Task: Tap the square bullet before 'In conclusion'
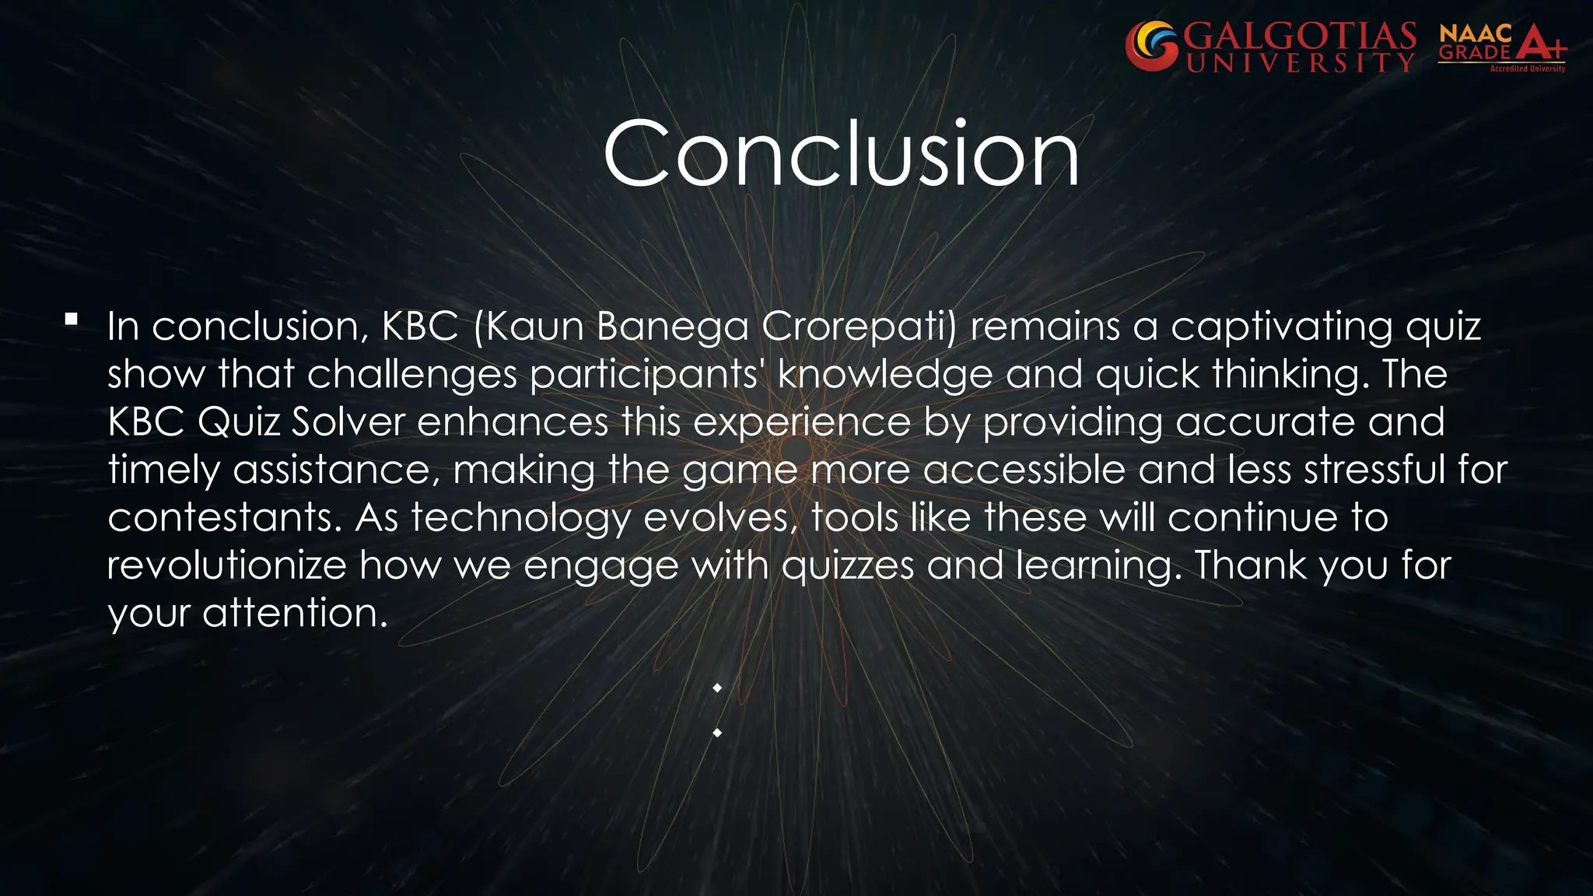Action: click(x=72, y=319)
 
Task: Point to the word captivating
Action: click(x=1281, y=326)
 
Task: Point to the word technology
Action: click(x=520, y=518)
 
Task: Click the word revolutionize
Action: click(x=226, y=565)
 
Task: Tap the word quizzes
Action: click(x=847, y=565)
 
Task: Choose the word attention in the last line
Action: click(x=294, y=614)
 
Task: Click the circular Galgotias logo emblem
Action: click(x=1151, y=47)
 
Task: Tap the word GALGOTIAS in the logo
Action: click(x=1300, y=36)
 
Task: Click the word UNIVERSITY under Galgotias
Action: click(x=1300, y=62)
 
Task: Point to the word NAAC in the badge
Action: click(x=1476, y=33)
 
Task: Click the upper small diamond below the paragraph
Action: click(x=717, y=688)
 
